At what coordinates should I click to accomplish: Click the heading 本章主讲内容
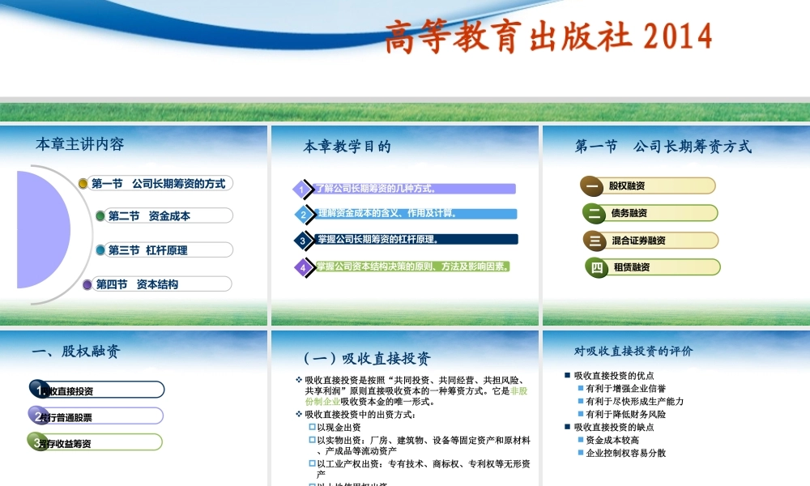tap(80, 144)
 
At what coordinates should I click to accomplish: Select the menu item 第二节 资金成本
tap(150, 215)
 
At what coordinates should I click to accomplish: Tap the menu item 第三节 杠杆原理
tap(148, 250)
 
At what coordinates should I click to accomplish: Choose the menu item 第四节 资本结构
tap(138, 284)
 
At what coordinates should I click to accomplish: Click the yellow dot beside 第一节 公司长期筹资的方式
tap(83, 184)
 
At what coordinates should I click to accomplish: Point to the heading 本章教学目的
tap(347, 147)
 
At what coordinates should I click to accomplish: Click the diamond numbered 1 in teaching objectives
tap(301, 190)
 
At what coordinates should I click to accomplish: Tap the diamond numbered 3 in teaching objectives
tap(302, 240)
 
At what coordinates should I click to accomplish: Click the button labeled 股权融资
tap(627, 186)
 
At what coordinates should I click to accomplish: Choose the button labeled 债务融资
tap(629, 213)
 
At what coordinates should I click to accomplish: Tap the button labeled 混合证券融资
tap(638, 241)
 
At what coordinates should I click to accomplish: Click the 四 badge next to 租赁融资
tap(598, 267)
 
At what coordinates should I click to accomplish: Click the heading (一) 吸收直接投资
tap(367, 359)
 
